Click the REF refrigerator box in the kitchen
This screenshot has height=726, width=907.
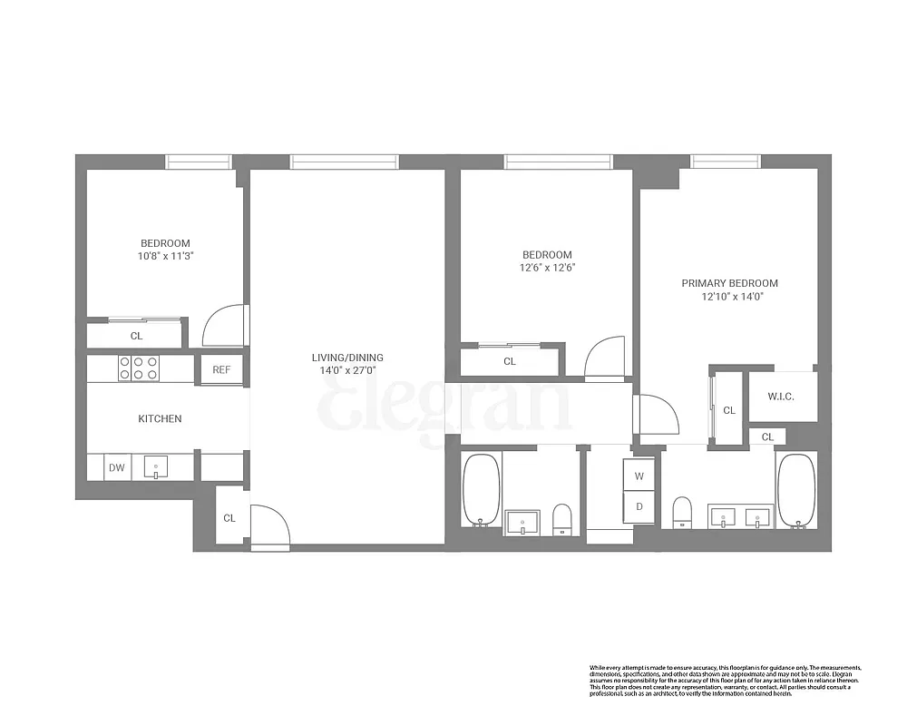click(x=221, y=369)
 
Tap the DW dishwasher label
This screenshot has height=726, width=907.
click(x=117, y=468)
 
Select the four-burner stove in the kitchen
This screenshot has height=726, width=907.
click(x=138, y=368)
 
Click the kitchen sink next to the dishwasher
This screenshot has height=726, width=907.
click(x=155, y=468)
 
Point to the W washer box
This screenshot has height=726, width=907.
click(x=639, y=476)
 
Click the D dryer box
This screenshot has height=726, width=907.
click(x=639, y=506)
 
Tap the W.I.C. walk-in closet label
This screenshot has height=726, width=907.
click(x=782, y=397)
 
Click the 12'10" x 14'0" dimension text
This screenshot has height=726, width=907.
click(x=729, y=296)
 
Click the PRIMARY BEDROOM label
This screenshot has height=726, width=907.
click(x=729, y=283)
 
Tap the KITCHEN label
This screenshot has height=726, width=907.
click(x=160, y=418)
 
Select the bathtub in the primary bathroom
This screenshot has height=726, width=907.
click(x=797, y=490)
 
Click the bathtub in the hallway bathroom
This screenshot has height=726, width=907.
click(x=482, y=490)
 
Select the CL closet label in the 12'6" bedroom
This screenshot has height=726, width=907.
click(x=510, y=361)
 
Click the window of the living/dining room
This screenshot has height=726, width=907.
click(x=344, y=162)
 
